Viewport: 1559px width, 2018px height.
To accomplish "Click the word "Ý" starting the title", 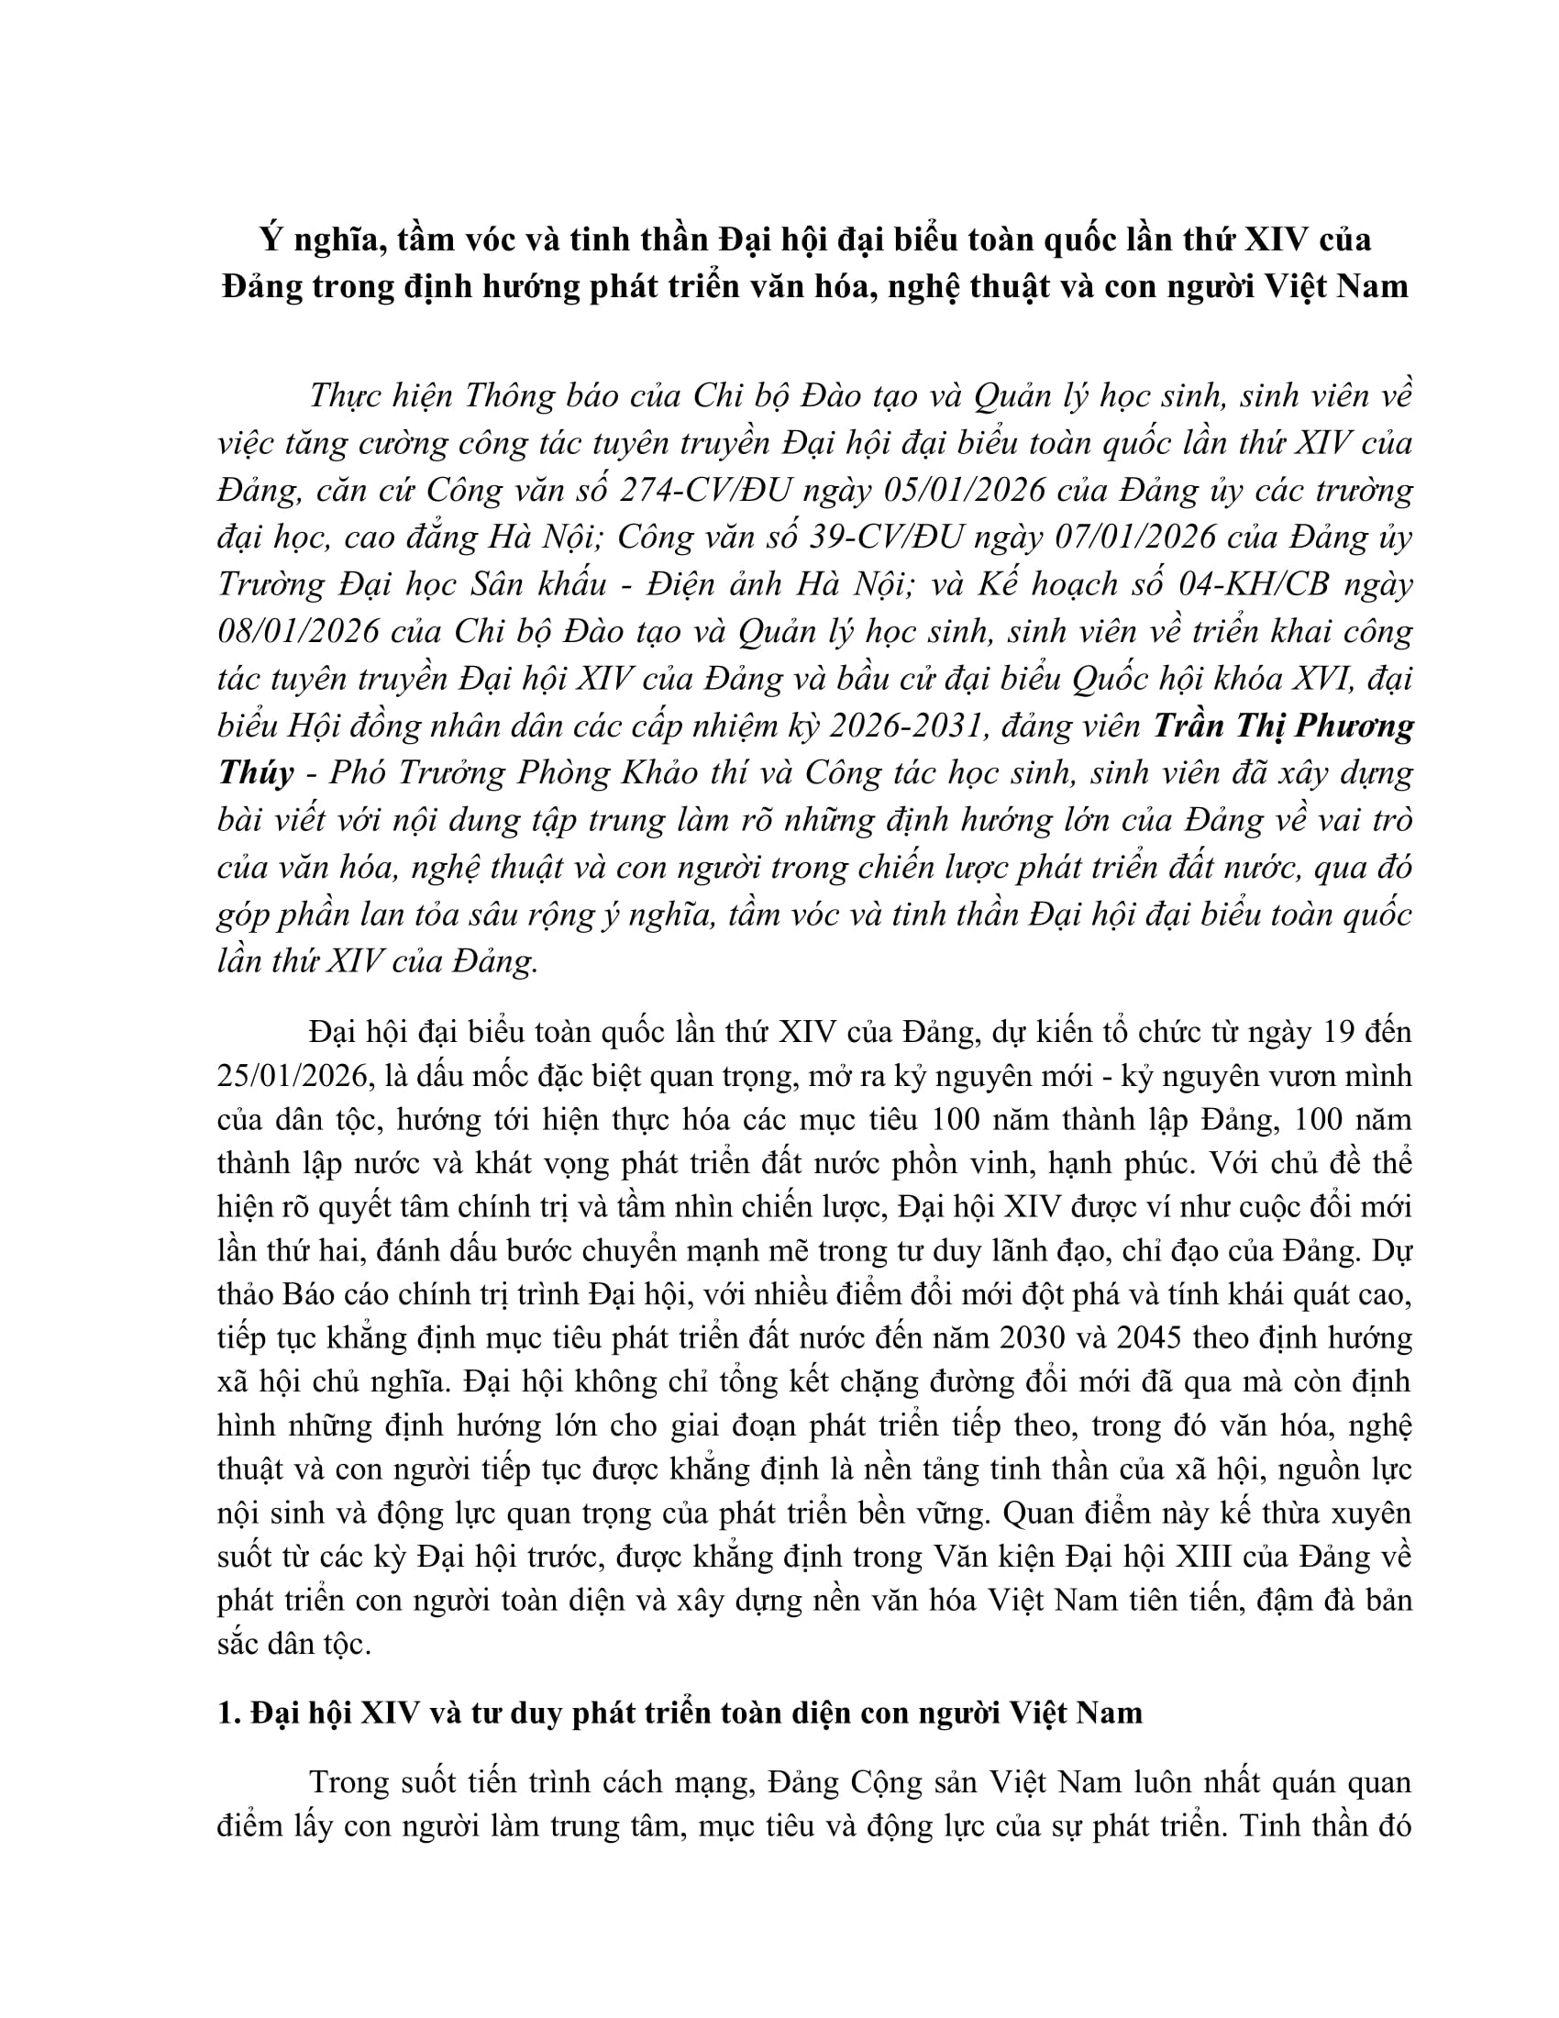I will (x=269, y=239).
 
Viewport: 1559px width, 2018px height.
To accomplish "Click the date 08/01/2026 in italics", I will (x=298, y=632).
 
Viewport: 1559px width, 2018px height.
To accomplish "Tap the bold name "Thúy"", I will (x=256, y=773).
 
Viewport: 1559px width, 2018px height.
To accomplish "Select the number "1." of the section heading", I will (x=229, y=1713).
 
